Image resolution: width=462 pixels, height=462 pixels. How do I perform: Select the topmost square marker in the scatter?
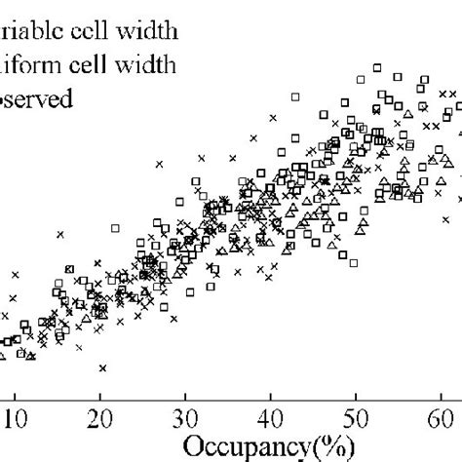(376, 66)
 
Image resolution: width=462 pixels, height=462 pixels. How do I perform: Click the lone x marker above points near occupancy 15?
(59, 233)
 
